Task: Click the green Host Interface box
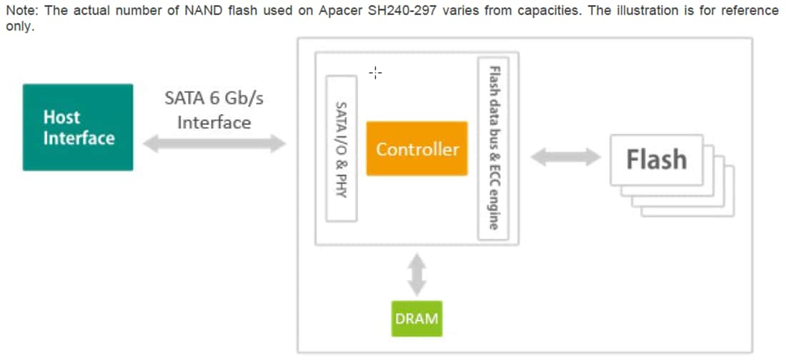click(x=77, y=127)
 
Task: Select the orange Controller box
click(x=417, y=149)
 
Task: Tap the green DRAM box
click(x=417, y=318)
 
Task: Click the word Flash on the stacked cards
click(x=656, y=159)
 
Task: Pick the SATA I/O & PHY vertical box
click(x=341, y=148)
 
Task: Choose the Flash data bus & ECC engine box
click(x=493, y=148)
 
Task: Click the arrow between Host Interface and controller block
click(x=214, y=144)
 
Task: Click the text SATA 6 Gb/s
click(x=214, y=97)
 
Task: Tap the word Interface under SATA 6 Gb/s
click(x=214, y=122)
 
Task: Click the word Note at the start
click(x=20, y=11)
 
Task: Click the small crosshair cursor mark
click(x=376, y=72)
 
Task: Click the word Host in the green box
click(x=61, y=117)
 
